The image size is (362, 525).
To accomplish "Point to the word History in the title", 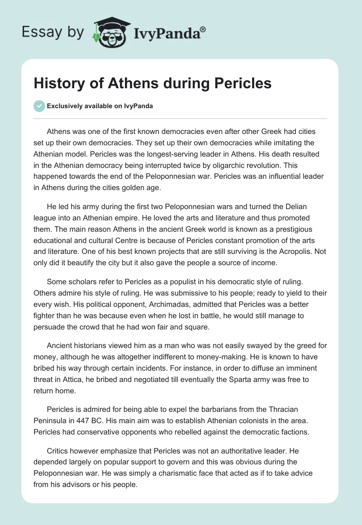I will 57,84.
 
